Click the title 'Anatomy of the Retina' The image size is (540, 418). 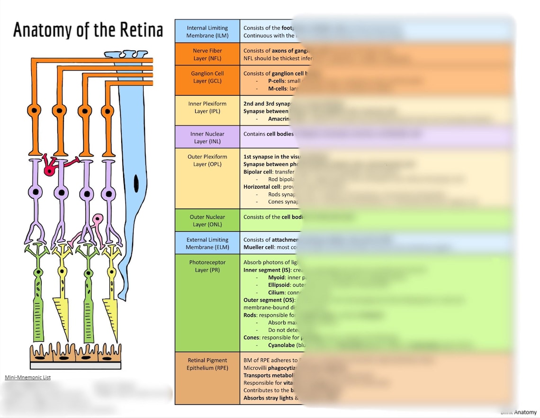[x=88, y=30]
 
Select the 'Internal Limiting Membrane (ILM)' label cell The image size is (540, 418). [x=207, y=32]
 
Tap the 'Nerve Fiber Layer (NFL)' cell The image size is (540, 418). [x=207, y=55]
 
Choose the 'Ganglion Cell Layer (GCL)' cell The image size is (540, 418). [x=207, y=77]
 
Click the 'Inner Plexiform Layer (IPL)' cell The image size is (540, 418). [x=207, y=108]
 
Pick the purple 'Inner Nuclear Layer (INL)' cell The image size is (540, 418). [x=207, y=137]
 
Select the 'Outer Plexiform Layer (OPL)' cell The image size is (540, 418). [x=207, y=161]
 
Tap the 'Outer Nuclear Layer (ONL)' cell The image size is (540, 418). [x=207, y=221]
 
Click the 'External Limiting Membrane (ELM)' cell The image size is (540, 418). [x=207, y=243]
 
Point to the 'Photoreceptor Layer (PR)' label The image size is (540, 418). [x=207, y=266]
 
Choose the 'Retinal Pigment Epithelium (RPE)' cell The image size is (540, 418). [x=207, y=364]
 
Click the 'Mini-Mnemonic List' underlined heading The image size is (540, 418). [x=27, y=378]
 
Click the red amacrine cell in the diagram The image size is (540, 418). [x=49, y=169]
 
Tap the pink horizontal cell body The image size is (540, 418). [x=97, y=219]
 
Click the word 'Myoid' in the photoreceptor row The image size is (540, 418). [x=276, y=277]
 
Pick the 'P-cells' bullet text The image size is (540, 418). [x=277, y=81]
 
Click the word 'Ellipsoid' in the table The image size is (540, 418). [x=279, y=285]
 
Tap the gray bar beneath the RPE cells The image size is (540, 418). [x=75, y=365]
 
